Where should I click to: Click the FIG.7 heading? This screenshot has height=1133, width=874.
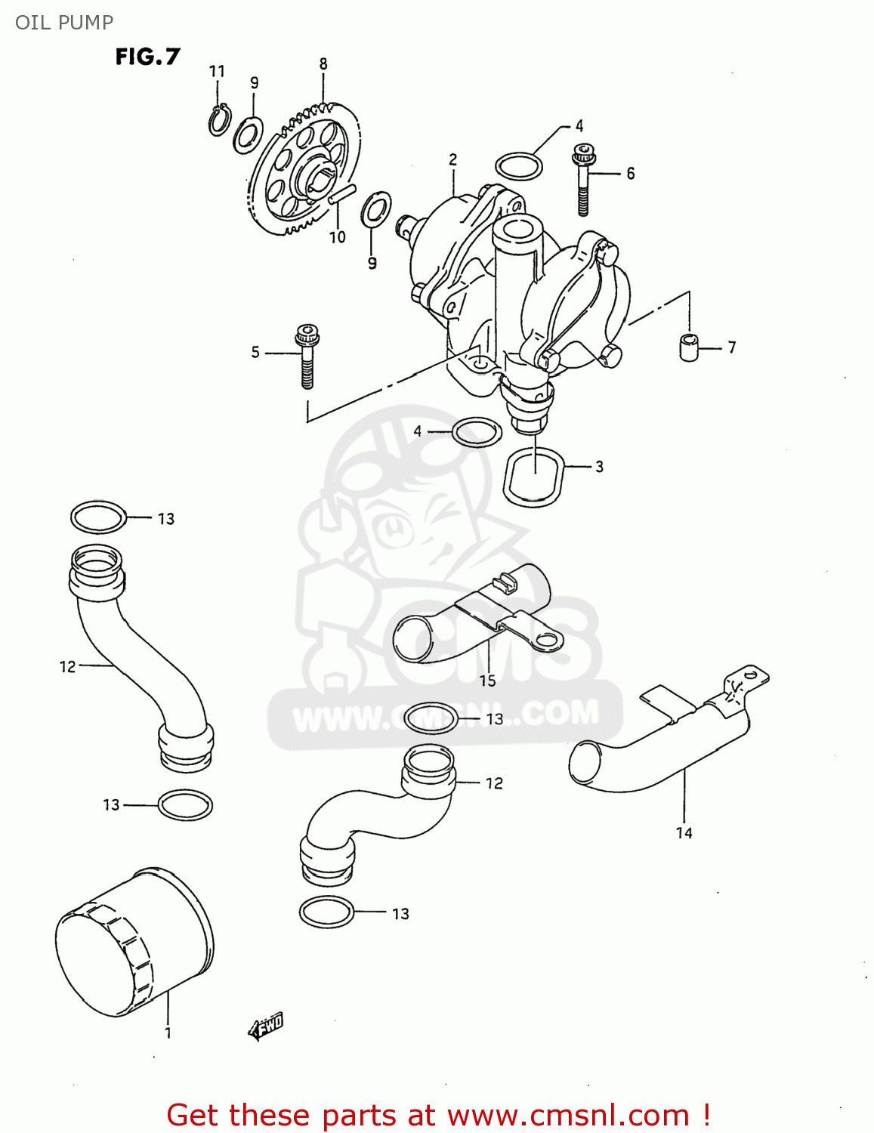click(147, 57)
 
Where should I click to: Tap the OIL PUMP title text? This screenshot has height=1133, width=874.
click(64, 22)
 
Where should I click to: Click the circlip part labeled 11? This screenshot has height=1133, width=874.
click(219, 120)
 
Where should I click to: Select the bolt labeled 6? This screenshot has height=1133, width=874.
click(584, 179)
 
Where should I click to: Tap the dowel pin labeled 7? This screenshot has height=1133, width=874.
click(688, 346)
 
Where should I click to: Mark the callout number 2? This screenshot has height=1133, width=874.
click(452, 159)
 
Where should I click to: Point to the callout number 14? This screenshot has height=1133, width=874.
click(684, 832)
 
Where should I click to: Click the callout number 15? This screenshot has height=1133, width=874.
click(487, 681)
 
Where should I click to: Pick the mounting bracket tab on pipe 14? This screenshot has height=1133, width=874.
click(748, 675)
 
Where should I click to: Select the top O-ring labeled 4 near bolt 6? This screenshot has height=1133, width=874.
click(518, 166)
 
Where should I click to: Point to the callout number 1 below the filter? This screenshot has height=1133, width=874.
click(168, 1033)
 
